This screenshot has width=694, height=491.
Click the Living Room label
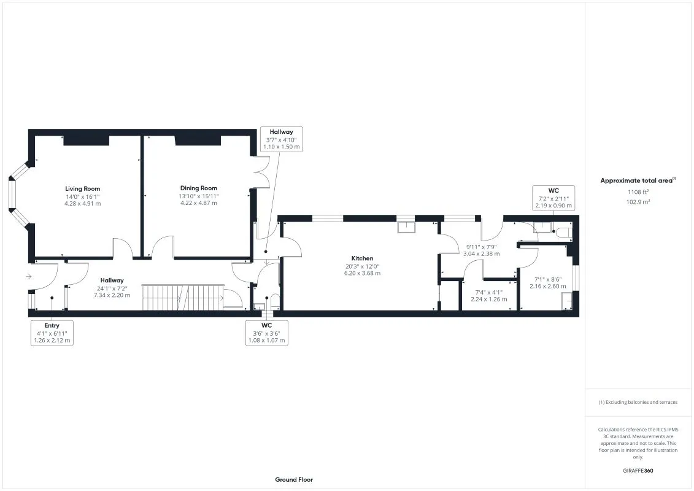tap(82, 188)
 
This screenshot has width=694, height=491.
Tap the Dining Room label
tap(198, 188)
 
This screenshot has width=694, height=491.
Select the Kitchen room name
tap(362, 258)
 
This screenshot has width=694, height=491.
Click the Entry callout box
tap(52, 333)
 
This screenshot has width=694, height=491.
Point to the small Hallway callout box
tap(281, 139)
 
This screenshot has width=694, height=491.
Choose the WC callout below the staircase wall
tap(266, 333)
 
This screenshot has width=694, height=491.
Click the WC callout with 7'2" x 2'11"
tap(553, 198)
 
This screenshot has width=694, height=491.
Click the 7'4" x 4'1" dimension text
tap(488, 292)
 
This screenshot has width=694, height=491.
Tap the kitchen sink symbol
tap(406, 227)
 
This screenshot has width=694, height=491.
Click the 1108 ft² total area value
tap(638, 192)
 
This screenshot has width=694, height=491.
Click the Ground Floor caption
tap(293, 479)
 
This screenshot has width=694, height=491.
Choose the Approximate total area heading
tap(637, 180)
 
